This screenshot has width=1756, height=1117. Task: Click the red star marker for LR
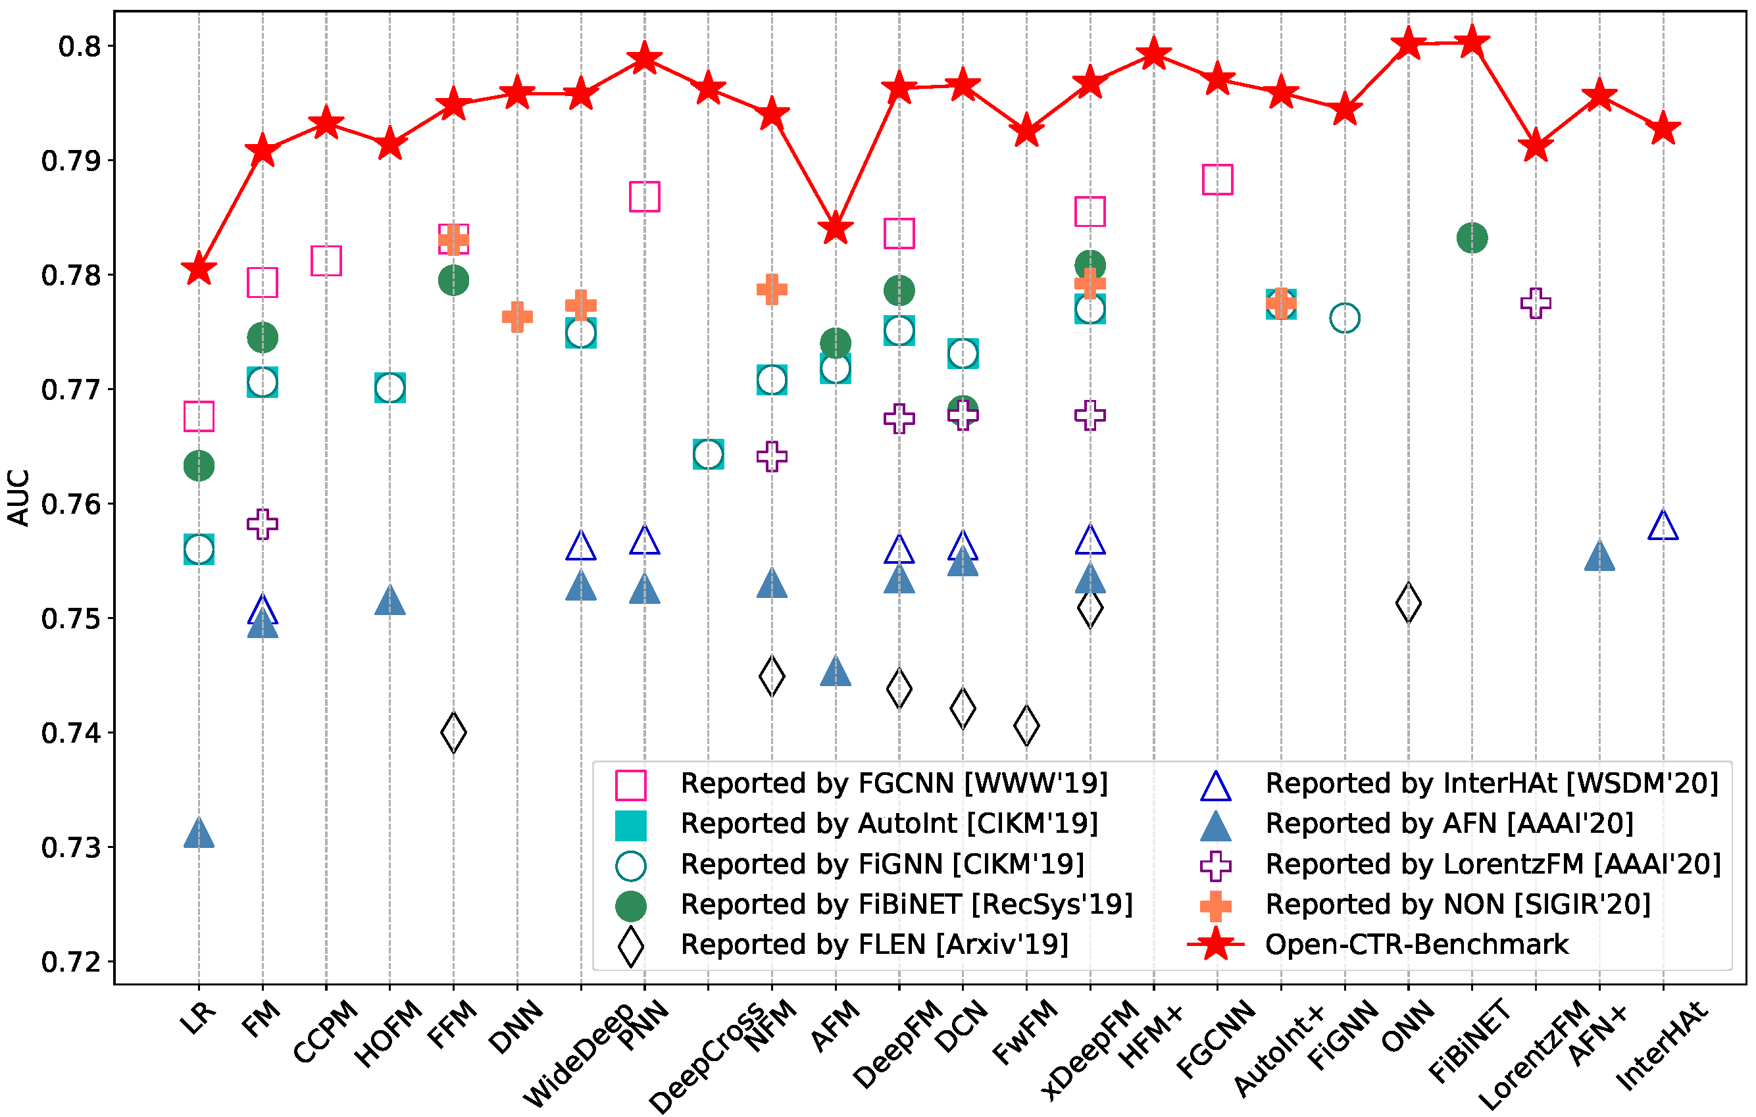pos(198,268)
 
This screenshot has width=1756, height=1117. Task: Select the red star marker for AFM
pos(836,229)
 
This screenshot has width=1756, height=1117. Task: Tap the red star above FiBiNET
pos(1472,41)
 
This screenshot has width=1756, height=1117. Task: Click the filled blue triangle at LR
pos(198,833)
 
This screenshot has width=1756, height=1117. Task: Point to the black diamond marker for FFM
pos(453,732)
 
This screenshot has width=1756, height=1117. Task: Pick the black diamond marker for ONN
pos(1408,603)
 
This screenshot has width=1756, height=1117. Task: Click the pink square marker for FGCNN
pos(1217,180)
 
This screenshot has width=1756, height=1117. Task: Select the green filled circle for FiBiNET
pos(1472,237)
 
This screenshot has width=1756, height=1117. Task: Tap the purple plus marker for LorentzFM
pos(1536,303)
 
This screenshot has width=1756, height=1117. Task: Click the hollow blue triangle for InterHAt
pos(1663,525)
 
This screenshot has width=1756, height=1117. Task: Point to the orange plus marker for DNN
pos(517,316)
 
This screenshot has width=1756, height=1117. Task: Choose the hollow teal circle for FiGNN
pos(1345,318)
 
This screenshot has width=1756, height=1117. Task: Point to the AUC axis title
pos(18,497)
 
